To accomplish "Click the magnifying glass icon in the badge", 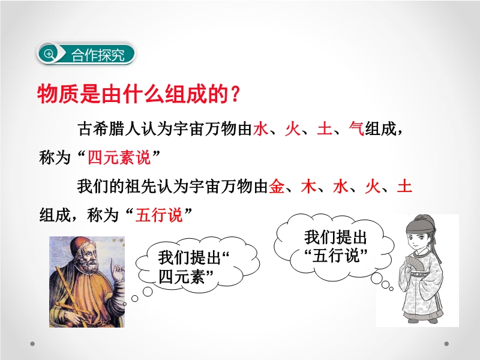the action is click(49, 54).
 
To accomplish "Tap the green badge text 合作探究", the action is click(98, 55).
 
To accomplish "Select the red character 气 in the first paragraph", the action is click(356, 128).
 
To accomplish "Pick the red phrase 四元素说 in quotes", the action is click(119, 157).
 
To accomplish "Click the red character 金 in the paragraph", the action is click(277, 186).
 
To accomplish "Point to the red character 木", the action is click(308, 186).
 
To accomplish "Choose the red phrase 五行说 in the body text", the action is click(159, 215).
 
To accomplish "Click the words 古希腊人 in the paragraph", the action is click(109, 128).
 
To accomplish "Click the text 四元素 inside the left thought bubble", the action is click(182, 277).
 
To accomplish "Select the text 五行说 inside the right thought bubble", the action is click(335, 256).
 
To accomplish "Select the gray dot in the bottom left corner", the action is click(32, 344).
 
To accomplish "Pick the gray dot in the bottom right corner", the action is click(446, 344).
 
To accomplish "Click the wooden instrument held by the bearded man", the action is click(69, 293).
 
